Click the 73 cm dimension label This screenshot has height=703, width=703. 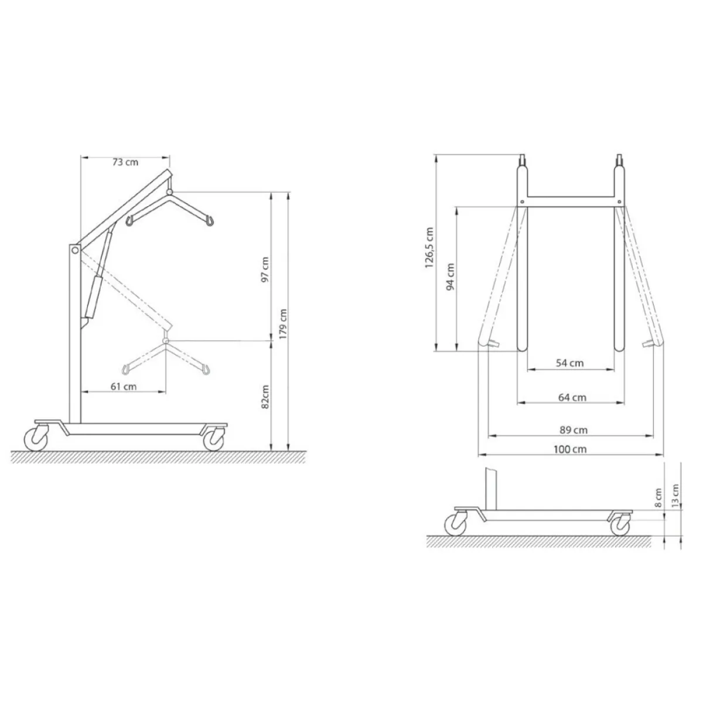coord(125,162)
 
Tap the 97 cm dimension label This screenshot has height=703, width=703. coord(265,269)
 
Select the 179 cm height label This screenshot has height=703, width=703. coord(283,324)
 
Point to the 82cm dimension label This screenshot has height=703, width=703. coord(265,397)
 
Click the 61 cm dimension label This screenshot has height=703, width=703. coord(124,386)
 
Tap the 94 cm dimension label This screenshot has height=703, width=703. coord(451,277)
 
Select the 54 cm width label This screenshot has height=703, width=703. coord(569,363)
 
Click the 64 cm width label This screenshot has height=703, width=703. coord(572,397)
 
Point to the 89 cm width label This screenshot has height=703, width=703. coord(574,430)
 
